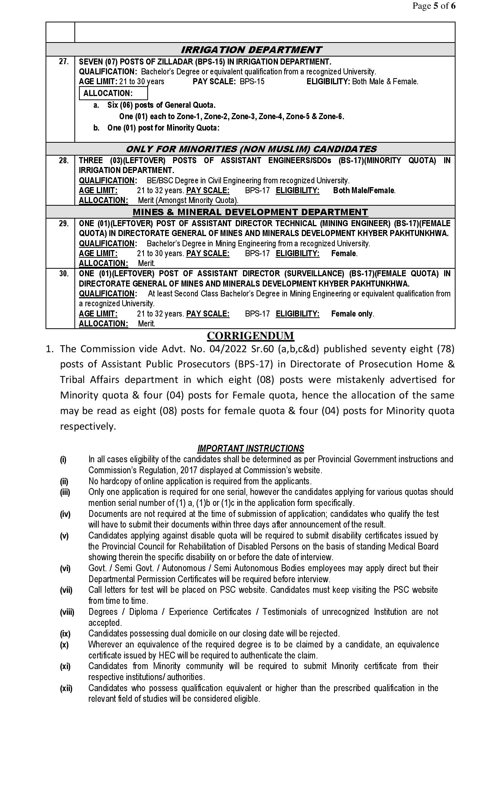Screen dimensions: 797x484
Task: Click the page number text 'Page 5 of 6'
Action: (x=434, y=6)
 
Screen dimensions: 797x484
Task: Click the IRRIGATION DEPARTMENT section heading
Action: (x=251, y=50)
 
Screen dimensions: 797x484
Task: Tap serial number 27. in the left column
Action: (x=64, y=61)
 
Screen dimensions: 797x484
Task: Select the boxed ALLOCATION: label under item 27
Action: (x=108, y=93)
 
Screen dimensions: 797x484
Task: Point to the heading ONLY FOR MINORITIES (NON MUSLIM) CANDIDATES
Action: (x=251, y=149)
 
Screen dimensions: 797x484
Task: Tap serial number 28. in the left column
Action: (x=64, y=161)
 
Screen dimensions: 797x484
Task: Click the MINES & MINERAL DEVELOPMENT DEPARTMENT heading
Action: (x=250, y=212)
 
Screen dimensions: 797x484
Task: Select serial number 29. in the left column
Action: (x=64, y=224)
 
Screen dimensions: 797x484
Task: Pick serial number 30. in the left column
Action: (x=64, y=274)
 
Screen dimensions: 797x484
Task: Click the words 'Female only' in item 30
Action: (x=352, y=314)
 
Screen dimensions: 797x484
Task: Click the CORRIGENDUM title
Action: (x=251, y=335)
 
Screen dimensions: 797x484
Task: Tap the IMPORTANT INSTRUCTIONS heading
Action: (x=251, y=449)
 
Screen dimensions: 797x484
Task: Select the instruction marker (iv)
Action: (x=65, y=514)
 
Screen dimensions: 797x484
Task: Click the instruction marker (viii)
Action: (x=67, y=612)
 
